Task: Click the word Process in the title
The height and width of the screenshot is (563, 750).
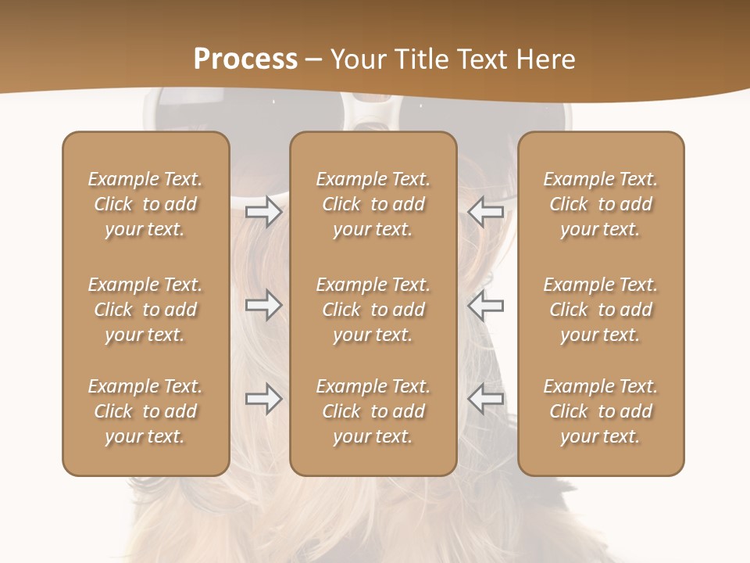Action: tap(245, 59)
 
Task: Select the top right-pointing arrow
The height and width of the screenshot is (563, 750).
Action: tap(263, 212)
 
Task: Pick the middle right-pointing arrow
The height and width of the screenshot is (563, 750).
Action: tap(263, 305)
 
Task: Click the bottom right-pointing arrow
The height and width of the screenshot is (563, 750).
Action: tap(263, 399)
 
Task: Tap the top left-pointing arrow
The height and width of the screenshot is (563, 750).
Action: tap(485, 212)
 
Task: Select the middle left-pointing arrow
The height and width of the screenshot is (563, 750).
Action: tap(485, 305)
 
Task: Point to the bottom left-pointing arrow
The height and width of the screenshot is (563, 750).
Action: tap(485, 399)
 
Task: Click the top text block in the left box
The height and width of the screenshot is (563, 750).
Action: tap(145, 204)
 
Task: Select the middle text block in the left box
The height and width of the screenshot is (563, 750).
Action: tap(145, 310)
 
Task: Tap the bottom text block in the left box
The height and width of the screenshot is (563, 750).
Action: tap(145, 411)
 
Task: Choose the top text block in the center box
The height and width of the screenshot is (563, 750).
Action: tap(373, 204)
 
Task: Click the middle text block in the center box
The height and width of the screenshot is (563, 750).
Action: tap(373, 310)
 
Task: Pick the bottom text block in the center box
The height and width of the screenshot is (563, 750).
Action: tap(373, 411)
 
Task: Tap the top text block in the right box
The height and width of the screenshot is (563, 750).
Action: tap(600, 204)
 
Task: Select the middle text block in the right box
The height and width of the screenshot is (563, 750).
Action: tap(600, 310)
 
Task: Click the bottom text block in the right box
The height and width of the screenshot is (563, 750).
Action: tap(600, 411)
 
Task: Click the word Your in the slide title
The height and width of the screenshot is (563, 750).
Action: tap(356, 59)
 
